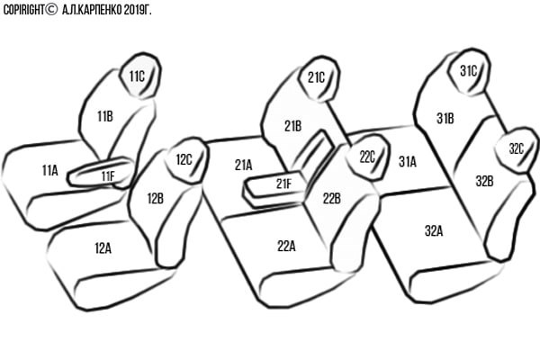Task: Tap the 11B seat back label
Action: coord(104,115)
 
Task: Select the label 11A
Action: coord(49,169)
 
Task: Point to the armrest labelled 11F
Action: coord(108,175)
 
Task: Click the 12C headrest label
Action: coord(184,160)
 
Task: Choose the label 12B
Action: coord(155,198)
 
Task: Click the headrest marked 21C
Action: coord(316,77)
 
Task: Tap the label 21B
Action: coord(292,126)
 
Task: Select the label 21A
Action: coord(243,165)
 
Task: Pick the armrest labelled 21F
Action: coord(283,184)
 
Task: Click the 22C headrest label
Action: coord(367,157)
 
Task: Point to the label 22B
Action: coord(331,198)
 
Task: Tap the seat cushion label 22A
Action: coord(286,245)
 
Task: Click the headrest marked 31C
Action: coord(468,70)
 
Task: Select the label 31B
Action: coord(445,118)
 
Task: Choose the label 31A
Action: coord(407,162)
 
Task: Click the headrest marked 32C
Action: coord(516,148)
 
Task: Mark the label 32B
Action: coord(484,181)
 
